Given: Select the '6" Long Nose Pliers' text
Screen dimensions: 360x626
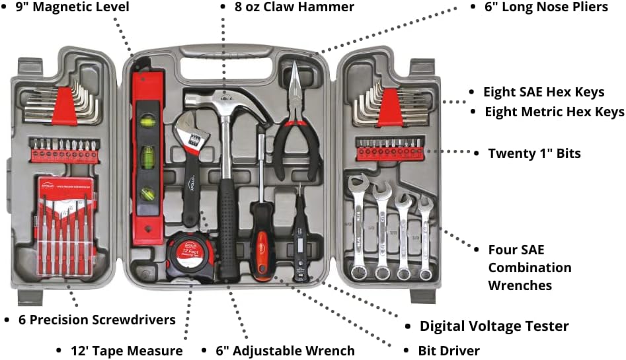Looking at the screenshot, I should [547, 7].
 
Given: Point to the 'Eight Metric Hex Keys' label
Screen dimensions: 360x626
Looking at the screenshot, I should [555, 112].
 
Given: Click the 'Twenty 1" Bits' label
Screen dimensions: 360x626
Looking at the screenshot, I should [534, 153].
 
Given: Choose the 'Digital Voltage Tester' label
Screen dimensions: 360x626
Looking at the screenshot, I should [494, 326].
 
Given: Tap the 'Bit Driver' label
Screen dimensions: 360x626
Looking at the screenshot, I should [449, 350].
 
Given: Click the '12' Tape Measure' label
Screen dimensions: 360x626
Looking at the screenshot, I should [126, 350].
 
